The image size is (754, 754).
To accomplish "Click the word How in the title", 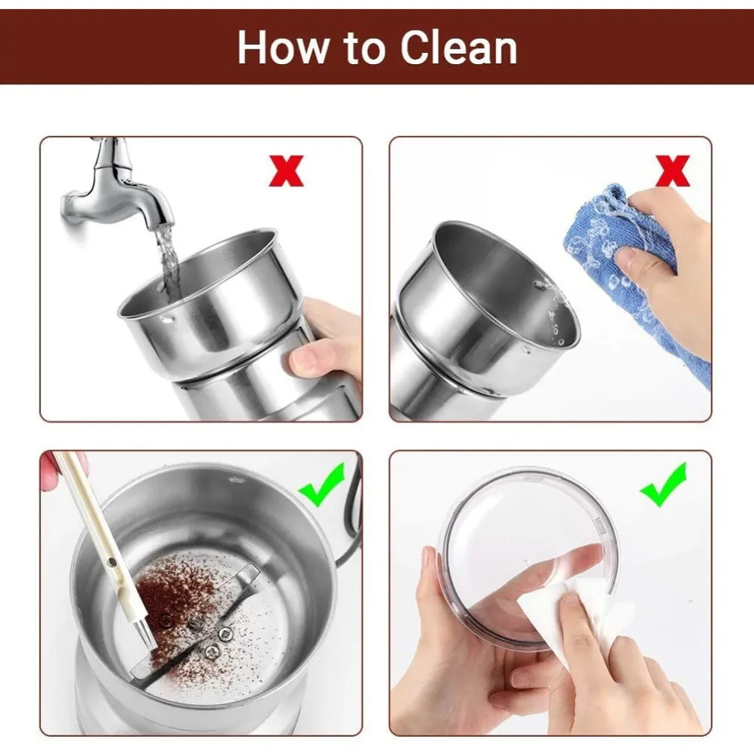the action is (x=284, y=47).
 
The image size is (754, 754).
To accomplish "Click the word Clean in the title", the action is (x=459, y=47).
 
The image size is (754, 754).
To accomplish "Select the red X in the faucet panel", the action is (x=286, y=171).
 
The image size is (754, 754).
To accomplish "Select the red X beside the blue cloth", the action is (x=672, y=171).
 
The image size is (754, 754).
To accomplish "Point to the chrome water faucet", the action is (x=116, y=187).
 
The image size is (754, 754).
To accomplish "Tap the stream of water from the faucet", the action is (x=167, y=260).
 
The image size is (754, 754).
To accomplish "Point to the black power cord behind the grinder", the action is (x=355, y=510).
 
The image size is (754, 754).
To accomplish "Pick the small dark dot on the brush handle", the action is (x=113, y=561).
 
